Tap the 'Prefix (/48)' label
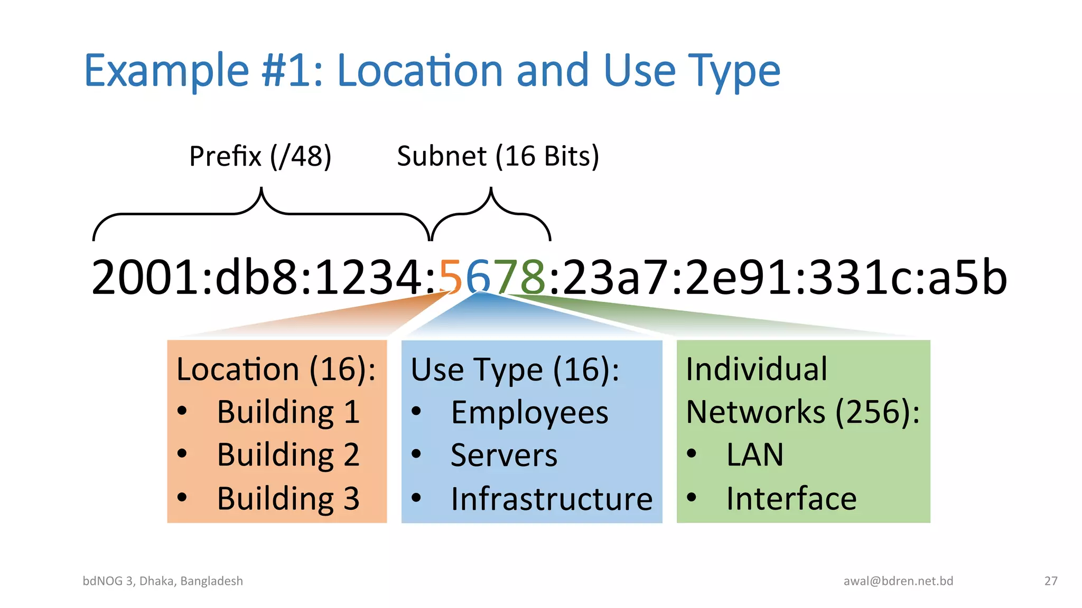point(260,156)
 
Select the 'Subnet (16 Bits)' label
point(498,156)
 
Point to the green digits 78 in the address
point(520,277)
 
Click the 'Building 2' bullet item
point(288,455)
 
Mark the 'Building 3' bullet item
point(288,498)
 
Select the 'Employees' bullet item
point(529,413)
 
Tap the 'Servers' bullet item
point(504,455)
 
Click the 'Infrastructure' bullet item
point(552,499)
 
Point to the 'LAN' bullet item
point(754,455)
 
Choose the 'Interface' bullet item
point(791,499)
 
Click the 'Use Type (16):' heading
point(515,369)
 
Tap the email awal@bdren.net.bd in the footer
point(898,581)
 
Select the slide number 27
point(1051,581)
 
